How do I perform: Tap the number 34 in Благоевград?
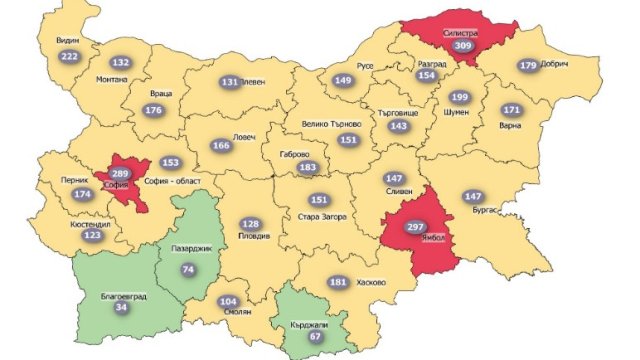coord(122,308)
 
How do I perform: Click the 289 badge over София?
coord(123,174)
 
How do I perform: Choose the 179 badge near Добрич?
coord(528,66)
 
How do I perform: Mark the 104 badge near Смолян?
coord(228,301)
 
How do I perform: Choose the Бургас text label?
coord(478,212)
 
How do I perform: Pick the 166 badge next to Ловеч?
coord(221,146)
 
